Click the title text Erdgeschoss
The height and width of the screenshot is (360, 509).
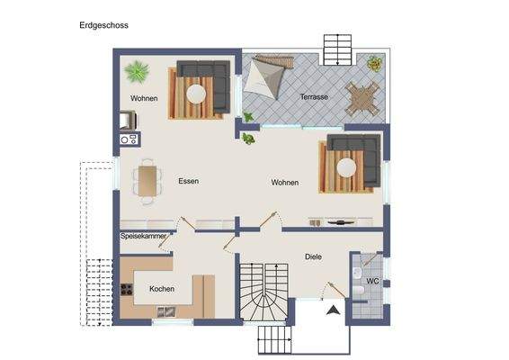103,26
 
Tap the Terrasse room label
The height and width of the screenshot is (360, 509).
314,96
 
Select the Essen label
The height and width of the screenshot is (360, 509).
188,181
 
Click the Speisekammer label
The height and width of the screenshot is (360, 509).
143,236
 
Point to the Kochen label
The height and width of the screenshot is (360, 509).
162,289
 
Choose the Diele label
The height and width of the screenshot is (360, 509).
312,256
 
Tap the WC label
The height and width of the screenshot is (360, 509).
371,282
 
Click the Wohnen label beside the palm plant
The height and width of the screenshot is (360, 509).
145,98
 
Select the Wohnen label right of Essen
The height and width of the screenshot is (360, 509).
285,183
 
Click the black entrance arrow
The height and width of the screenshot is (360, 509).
333,310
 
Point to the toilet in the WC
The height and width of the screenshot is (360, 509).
358,301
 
